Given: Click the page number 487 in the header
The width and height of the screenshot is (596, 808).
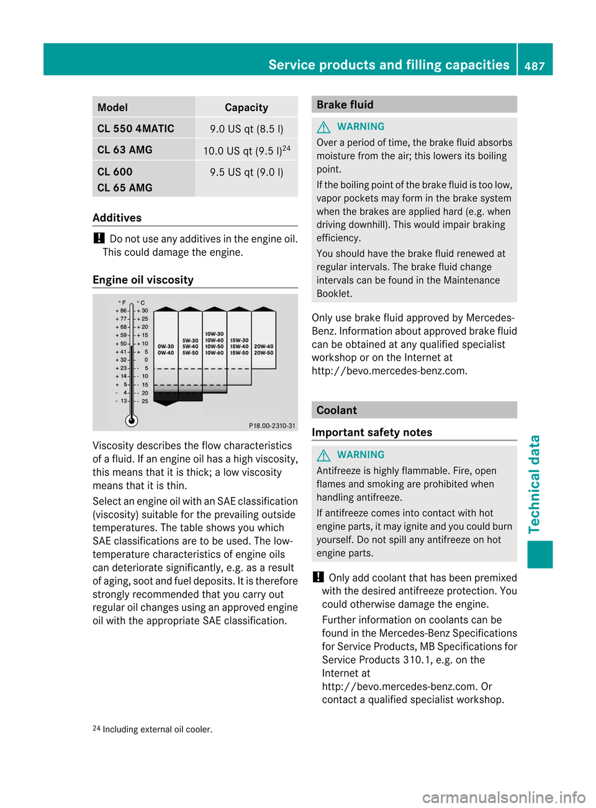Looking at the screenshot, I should [x=534, y=66].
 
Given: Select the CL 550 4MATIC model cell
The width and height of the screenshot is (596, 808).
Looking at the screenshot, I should [x=135, y=128].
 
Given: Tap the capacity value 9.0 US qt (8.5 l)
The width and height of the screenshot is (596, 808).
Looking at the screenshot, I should [x=246, y=129].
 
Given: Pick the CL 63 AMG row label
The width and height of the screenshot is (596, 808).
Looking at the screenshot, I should [x=125, y=150].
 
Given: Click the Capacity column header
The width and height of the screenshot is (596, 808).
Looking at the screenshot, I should [x=246, y=107].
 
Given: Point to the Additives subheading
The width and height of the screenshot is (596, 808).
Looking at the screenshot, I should [x=117, y=218].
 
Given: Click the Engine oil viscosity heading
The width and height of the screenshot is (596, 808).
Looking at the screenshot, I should [x=143, y=280].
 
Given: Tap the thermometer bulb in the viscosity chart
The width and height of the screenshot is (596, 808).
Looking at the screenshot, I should [x=132, y=420].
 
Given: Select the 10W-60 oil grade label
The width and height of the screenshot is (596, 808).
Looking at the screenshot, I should [x=214, y=353].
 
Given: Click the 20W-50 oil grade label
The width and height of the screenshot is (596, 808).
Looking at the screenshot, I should [x=264, y=353].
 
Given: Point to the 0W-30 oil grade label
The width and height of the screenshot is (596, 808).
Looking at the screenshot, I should [x=166, y=346].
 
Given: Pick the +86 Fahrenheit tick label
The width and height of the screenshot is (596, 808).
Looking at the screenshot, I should [x=121, y=310].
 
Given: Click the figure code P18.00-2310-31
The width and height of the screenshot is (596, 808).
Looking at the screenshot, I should [x=272, y=426].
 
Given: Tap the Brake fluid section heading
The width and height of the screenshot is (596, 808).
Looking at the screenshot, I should [x=345, y=105].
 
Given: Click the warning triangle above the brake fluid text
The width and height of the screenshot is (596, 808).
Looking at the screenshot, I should [x=323, y=127].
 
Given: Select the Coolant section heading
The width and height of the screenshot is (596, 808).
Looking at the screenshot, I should [x=336, y=410].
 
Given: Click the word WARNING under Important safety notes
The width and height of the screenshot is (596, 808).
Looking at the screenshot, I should [x=361, y=455].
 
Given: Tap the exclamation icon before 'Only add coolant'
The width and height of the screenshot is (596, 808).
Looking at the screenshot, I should [x=318, y=577].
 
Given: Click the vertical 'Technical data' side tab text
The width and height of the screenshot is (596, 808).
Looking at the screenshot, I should [x=535, y=484].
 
